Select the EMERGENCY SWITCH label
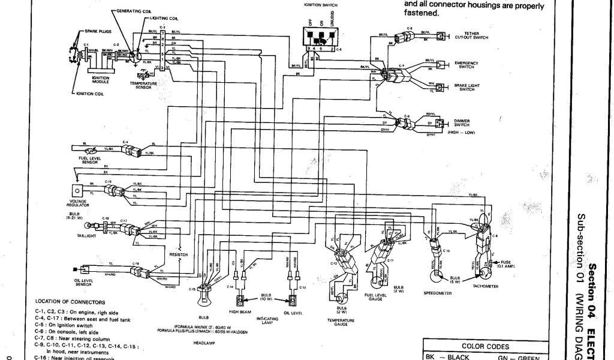tap(466, 64)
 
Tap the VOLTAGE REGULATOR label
tap(77, 203)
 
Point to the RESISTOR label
tap(179, 254)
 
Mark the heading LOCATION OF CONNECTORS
tap(70, 302)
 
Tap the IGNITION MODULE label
tap(100, 79)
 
